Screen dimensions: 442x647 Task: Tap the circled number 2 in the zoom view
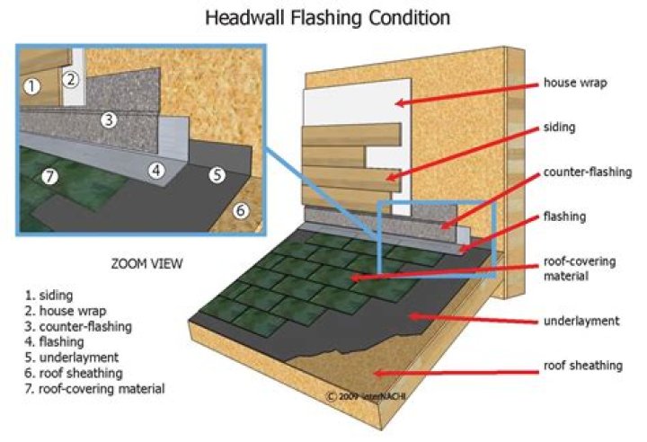(x=72, y=78)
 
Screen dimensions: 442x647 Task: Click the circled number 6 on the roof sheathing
(x=240, y=211)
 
